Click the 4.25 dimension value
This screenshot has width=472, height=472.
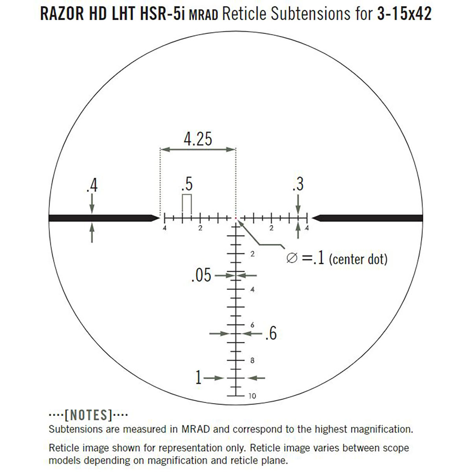tap(198, 139)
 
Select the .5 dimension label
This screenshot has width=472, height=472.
tap(187, 184)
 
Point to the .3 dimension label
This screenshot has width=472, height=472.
tap(298, 184)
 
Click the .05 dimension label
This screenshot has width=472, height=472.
tap(201, 275)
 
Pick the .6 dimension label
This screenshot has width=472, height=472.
tap(271, 333)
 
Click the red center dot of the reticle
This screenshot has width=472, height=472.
tap(236, 218)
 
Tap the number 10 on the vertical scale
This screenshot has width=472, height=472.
tap(252, 396)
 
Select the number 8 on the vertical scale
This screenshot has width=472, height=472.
tap(252, 360)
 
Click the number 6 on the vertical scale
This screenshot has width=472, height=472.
tap(252, 325)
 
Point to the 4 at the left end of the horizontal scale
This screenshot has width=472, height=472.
tap(164, 228)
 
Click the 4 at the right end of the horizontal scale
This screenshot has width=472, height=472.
tap(307, 228)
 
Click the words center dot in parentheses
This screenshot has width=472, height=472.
tap(358, 259)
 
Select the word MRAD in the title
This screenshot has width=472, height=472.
tap(203, 15)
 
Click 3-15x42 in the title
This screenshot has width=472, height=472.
tap(404, 14)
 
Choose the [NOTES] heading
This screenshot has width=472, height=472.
tap(88, 415)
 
